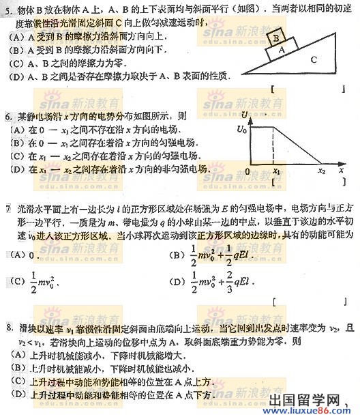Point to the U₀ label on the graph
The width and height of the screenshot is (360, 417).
pyautogui.click(x=241, y=128)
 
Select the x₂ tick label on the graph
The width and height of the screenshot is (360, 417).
pyautogui.click(x=322, y=171)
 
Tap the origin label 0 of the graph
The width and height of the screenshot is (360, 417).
pyautogui.click(x=249, y=171)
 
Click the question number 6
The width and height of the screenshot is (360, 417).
pyautogui.click(x=5, y=117)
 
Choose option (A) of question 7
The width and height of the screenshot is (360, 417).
pyautogui.click(x=18, y=255)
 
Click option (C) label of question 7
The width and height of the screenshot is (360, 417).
pyautogui.click(x=18, y=280)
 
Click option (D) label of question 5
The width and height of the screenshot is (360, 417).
pyautogui.click(x=11, y=76)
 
